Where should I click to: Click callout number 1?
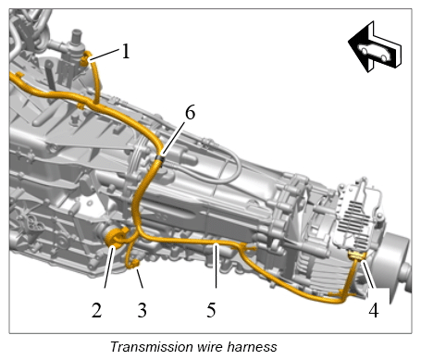[x=126, y=51]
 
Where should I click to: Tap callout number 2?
[x=96, y=310]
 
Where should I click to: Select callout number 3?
[x=142, y=310]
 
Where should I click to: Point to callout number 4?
[x=374, y=310]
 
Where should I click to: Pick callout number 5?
[x=211, y=310]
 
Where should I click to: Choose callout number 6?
[x=190, y=112]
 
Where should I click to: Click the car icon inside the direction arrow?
[x=375, y=52]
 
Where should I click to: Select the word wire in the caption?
[x=210, y=347]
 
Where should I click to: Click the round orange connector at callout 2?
[x=117, y=237]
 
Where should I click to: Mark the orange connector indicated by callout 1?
[x=86, y=58]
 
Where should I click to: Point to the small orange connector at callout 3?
[x=135, y=264]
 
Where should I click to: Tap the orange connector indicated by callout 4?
[x=357, y=255]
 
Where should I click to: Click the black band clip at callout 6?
[x=160, y=159]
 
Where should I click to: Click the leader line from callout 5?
[x=217, y=266]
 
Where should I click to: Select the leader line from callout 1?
[x=105, y=55]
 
